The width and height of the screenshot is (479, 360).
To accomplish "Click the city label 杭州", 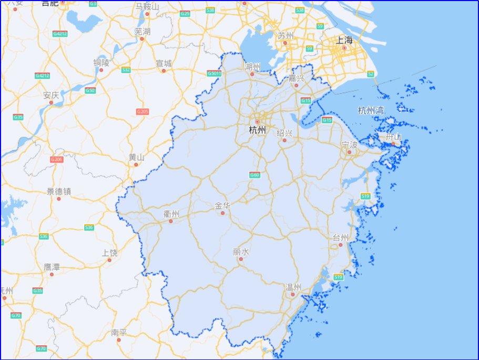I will point(257,130).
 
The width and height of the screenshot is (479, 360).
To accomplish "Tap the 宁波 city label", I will point(349,144).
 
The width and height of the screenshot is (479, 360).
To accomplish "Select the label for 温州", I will point(293,287).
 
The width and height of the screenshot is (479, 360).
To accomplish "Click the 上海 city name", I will point(344,39).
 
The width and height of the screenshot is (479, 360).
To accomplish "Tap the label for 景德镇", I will point(58,191).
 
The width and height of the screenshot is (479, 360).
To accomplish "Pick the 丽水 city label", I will point(241,252).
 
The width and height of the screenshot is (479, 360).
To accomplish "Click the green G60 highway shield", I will point(254,175).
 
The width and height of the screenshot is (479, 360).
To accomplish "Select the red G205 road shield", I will point(142,112).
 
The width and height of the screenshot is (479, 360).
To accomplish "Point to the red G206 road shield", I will point(57,159).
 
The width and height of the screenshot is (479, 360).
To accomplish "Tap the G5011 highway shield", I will point(214,73).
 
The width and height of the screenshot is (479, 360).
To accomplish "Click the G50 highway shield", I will point(90,91).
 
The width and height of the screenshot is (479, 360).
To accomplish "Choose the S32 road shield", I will point(126,69).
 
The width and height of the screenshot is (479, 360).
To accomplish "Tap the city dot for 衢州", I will point(170,221).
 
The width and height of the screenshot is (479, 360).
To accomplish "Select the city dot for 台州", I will point(340,245).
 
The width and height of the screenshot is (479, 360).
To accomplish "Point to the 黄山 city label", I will point(136,157).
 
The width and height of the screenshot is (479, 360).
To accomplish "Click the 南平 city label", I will point(119,333).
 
